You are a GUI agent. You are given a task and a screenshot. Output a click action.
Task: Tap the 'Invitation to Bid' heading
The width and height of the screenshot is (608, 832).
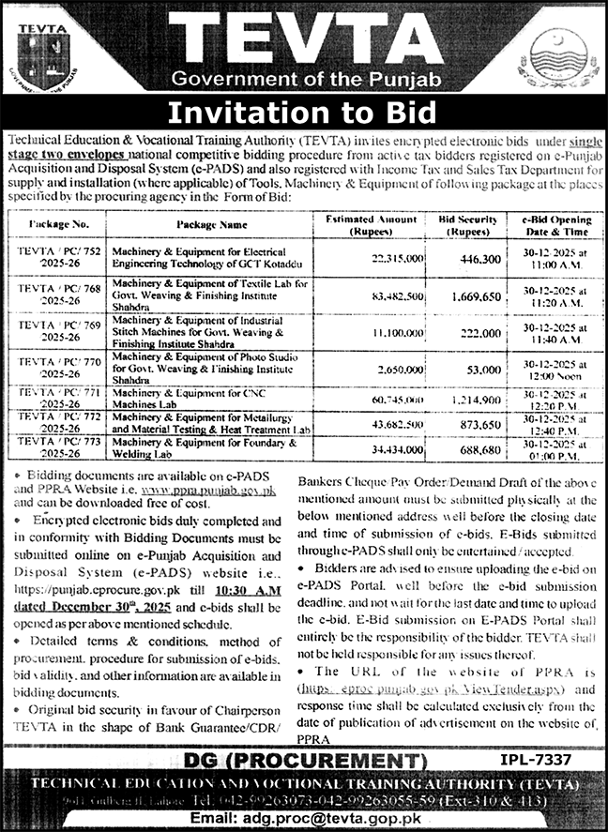(x=303, y=113)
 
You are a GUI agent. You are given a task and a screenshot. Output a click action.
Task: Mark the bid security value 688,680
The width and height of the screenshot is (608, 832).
(x=464, y=450)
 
